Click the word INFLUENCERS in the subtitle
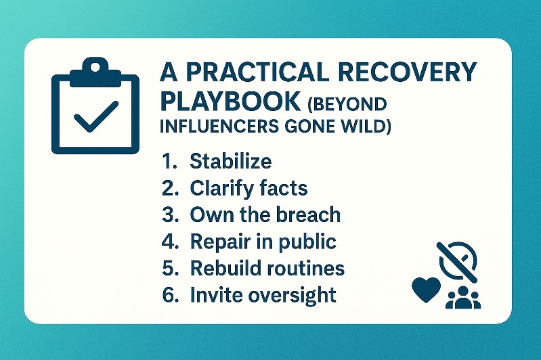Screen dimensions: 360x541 click(x=219, y=127)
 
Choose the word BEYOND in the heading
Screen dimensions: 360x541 click(x=349, y=103)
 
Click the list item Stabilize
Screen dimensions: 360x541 click(x=231, y=162)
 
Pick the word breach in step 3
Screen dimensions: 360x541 click(x=307, y=215)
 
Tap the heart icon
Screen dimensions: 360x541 click(x=426, y=290)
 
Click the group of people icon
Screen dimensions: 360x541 click(x=463, y=297)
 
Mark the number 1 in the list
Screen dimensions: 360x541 click(x=168, y=162)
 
